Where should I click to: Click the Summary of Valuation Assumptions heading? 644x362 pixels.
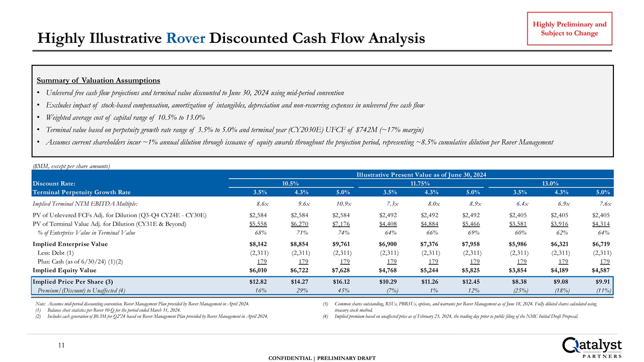click(x=98, y=80)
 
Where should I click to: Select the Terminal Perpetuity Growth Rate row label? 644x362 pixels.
click(x=81, y=192)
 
